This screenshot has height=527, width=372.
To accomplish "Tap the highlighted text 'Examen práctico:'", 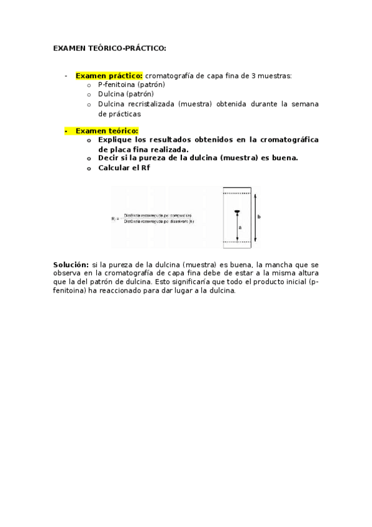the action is pyautogui.click(x=109, y=76).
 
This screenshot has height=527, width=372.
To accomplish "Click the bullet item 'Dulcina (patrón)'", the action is pyautogui.click(x=125, y=94).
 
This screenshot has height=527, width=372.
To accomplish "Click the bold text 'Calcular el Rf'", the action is pyautogui.click(x=124, y=167).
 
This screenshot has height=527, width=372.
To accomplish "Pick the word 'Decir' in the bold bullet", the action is pyautogui.click(x=109, y=158).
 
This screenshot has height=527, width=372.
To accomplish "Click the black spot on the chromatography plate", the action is pyautogui.click(x=237, y=213).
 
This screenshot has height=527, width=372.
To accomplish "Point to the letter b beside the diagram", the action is pyautogui.click(x=258, y=216).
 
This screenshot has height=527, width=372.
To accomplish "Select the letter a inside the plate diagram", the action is pyautogui.click(x=240, y=227).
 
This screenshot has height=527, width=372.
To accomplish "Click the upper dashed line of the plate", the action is pyautogui.click(x=237, y=193).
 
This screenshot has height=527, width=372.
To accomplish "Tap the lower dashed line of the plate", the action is pyautogui.click(x=237, y=241).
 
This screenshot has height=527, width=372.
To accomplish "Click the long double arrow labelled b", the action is pyautogui.click(x=254, y=218).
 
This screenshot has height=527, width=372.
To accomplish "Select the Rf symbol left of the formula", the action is pyautogui.click(x=114, y=218).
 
